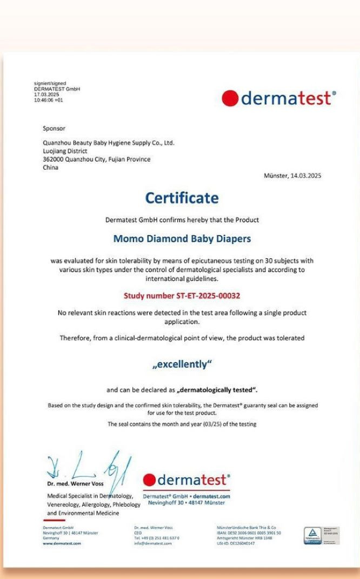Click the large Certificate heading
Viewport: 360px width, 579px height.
(x=182, y=198)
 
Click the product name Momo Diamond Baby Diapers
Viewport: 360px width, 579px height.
(x=182, y=238)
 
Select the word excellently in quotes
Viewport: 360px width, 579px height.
(x=182, y=365)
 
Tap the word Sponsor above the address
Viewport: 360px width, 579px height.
(x=54, y=129)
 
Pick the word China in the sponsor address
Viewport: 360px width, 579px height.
(x=50, y=167)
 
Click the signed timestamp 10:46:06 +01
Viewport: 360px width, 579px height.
(x=48, y=100)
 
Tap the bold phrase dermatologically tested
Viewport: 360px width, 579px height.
(x=219, y=390)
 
